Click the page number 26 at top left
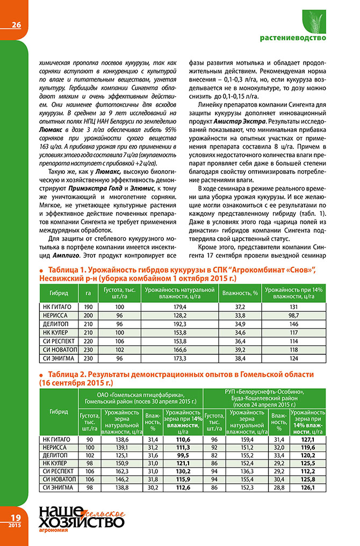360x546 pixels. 16,24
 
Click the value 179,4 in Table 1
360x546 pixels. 181,305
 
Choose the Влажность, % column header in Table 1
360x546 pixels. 241,293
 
